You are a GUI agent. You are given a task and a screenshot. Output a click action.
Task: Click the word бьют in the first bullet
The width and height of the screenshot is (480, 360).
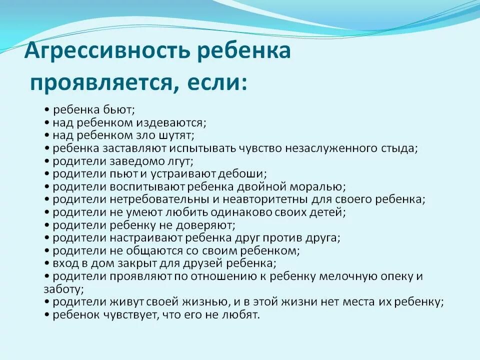coord(118,109)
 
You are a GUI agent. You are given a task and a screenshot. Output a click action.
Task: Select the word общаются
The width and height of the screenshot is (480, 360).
coord(155,250)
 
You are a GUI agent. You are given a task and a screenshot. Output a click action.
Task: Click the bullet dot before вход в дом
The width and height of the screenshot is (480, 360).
coord(46,263)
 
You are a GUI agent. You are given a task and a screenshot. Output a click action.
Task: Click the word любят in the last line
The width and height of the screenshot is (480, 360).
coord(243,315)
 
